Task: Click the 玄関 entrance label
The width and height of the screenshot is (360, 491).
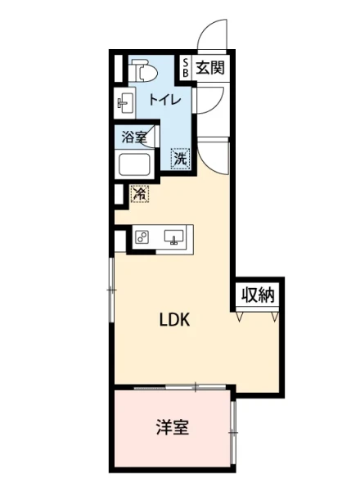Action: [210, 67]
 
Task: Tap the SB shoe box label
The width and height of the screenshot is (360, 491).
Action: [186, 68]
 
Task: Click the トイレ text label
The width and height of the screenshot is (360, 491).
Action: [165, 100]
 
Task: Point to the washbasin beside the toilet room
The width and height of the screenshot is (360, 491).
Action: [125, 102]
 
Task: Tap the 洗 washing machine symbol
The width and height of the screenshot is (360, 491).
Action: [181, 159]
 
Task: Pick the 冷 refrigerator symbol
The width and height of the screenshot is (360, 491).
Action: [140, 194]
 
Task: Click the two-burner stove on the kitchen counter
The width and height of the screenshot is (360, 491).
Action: [142, 238]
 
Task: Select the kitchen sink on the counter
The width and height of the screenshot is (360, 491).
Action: [173, 237]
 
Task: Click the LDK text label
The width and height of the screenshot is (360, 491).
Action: [174, 320]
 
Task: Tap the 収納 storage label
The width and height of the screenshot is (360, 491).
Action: [258, 295]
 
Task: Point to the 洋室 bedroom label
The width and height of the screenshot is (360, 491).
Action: [173, 428]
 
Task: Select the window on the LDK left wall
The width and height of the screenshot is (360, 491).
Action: [111, 290]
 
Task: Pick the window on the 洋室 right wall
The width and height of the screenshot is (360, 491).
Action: [232, 432]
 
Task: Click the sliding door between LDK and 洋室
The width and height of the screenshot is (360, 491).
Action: [180, 387]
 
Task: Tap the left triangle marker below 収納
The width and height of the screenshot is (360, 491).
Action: [240, 317]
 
